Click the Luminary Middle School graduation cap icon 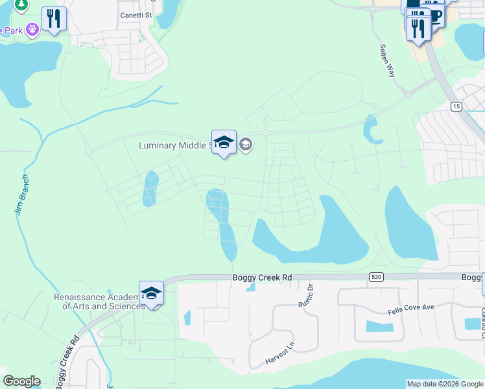(224, 142)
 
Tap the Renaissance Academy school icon (151, 293)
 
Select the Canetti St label (136, 15)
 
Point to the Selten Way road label (387, 60)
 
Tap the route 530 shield (375, 277)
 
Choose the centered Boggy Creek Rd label (262, 277)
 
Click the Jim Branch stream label (21, 194)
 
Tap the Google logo (21, 381)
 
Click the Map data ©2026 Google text (444, 384)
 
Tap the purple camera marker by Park (33, 29)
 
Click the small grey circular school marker (245, 144)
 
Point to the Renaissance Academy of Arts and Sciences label (99, 301)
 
